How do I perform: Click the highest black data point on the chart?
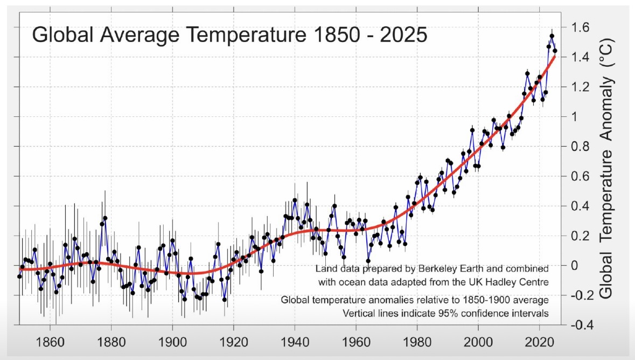tap(552, 36)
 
